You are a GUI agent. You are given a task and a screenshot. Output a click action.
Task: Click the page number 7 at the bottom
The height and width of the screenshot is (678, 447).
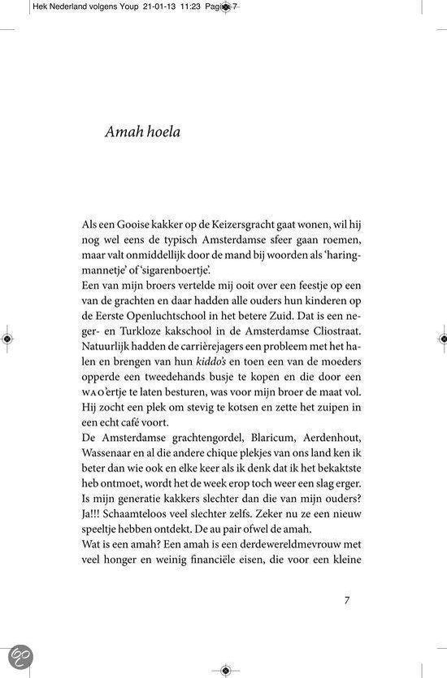coord(347,601)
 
